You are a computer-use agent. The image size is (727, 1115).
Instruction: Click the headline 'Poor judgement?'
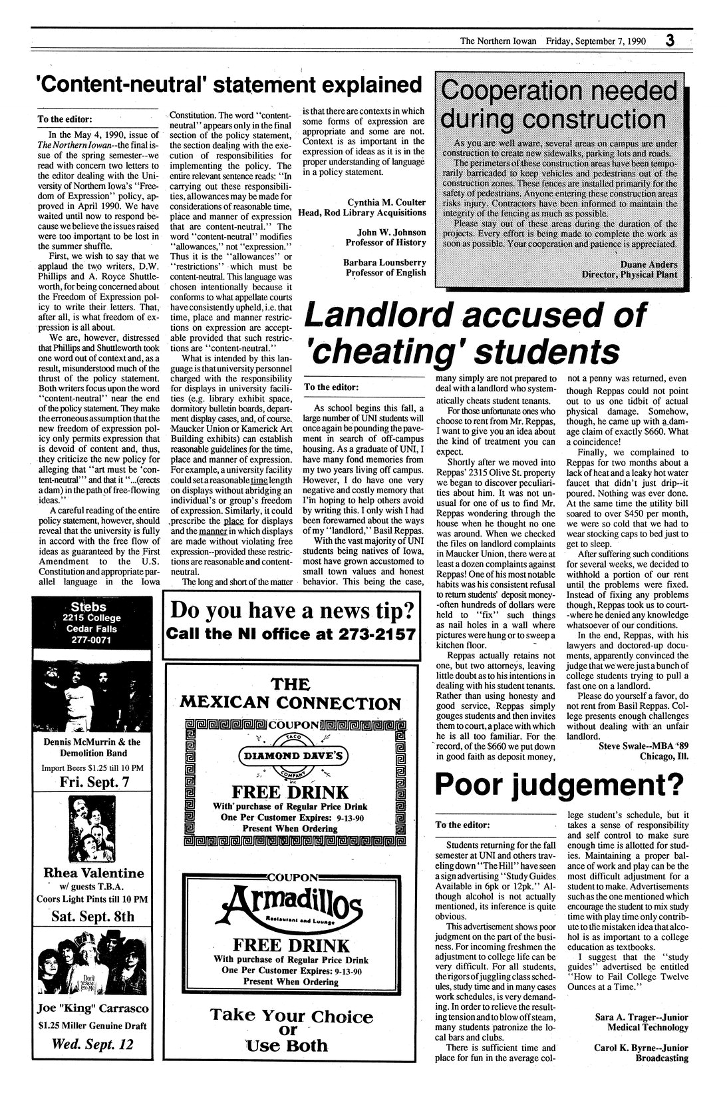559,785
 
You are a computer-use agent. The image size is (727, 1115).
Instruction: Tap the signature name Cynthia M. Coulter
386,202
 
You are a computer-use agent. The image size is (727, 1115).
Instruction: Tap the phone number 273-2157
366,634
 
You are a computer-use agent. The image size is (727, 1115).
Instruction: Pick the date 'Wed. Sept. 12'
92,1044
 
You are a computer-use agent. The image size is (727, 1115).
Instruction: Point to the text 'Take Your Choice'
292,1016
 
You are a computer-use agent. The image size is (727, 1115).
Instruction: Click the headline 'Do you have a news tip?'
293,610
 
